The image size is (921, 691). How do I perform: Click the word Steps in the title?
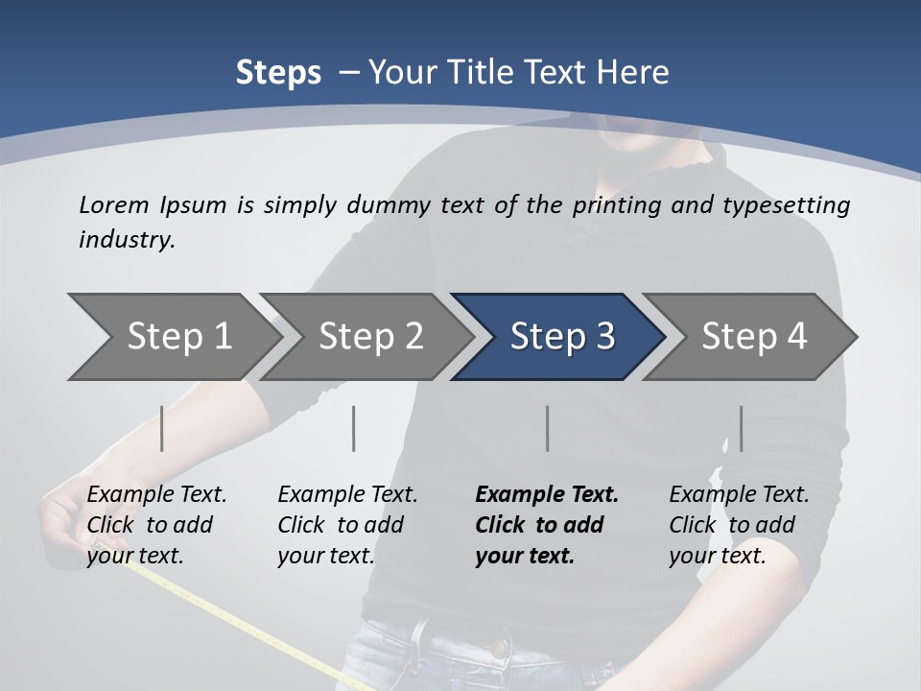click(x=278, y=73)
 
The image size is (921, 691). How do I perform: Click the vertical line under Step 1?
click(x=162, y=428)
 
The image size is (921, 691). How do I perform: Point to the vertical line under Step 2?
click(x=354, y=428)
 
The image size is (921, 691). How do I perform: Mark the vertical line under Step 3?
click(x=547, y=428)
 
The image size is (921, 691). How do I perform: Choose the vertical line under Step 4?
click(x=741, y=428)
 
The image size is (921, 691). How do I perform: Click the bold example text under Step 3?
click(x=546, y=525)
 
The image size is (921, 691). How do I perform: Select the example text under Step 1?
click(x=156, y=525)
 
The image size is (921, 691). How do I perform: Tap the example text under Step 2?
click(x=347, y=525)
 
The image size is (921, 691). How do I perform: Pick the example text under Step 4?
click(x=739, y=525)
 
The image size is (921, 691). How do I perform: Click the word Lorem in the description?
click(x=113, y=204)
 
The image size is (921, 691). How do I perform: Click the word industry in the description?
click(x=127, y=240)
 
